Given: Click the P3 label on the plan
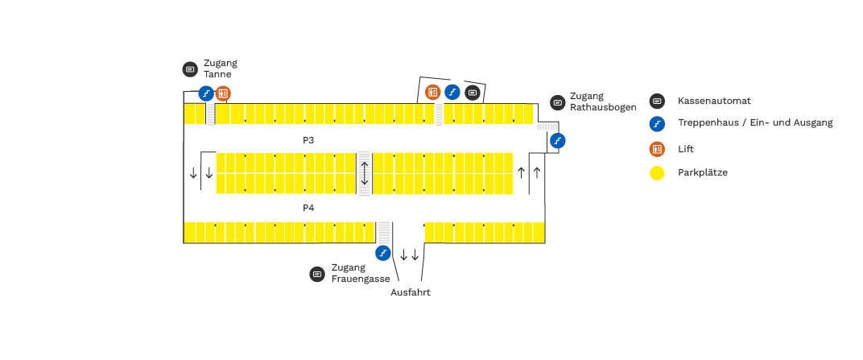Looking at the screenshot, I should click(x=308, y=140).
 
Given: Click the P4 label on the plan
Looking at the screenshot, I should click(x=308, y=208).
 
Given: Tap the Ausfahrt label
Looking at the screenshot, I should click(x=411, y=292).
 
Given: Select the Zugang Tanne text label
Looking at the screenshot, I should click(x=221, y=68).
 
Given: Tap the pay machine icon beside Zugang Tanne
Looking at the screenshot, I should click(x=190, y=69).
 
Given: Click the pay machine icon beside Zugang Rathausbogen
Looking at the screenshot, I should click(x=557, y=102).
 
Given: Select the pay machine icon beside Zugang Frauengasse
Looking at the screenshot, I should click(x=317, y=274).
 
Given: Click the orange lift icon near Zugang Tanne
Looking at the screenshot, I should click(x=223, y=93).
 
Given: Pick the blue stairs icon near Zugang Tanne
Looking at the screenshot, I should click(x=206, y=93).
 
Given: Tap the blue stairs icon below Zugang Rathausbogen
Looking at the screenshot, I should click(x=557, y=140).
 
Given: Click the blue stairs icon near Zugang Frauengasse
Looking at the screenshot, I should click(x=384, y=253).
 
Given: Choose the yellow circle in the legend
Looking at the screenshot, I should click(x=658, y=172).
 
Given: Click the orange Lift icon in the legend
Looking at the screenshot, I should click(x=658, y=149).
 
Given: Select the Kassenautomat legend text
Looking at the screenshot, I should click(x=714, y=101).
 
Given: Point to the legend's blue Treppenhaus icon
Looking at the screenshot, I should click(x=658, y=124).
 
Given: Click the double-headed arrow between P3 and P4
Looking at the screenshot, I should click(x=365, y=172).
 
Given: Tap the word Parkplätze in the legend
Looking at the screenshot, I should click(x=703, y=172).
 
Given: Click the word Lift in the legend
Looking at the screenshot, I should click(x=686, y=149).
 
